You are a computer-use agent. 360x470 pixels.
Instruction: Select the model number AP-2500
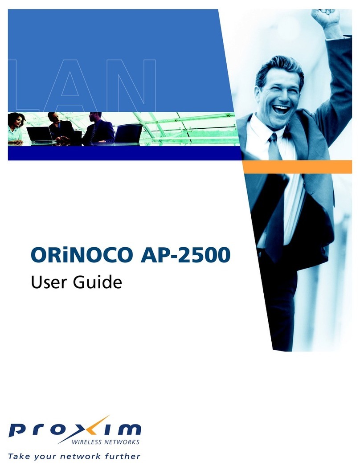(185, 255)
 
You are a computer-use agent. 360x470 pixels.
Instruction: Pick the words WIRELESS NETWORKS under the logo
(106, 442)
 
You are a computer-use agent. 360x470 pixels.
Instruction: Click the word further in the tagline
(123, 456)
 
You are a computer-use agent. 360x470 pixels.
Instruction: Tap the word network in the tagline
(80, 457)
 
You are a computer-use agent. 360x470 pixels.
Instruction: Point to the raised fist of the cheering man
(325, 17)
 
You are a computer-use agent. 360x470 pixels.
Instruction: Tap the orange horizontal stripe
(297, 167)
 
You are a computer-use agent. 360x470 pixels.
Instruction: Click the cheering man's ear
(258, 93)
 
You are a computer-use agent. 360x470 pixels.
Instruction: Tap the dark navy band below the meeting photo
(124, 153)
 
